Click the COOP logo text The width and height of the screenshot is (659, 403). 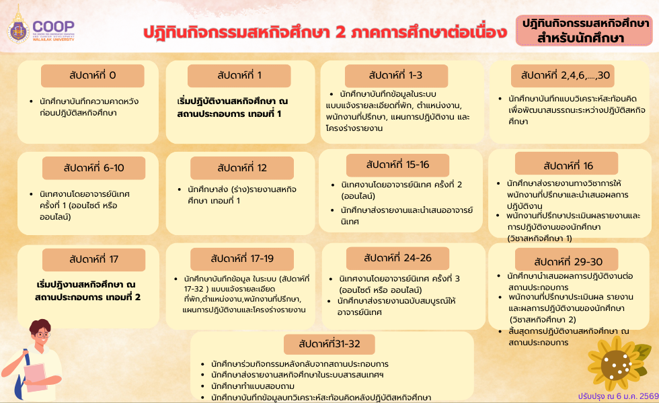tap(59, 26)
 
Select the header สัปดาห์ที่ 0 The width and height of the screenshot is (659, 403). tap(92, 75)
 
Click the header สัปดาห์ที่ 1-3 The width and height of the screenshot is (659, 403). tap(395, 75)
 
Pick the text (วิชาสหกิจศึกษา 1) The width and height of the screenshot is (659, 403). tap(540, 238)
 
